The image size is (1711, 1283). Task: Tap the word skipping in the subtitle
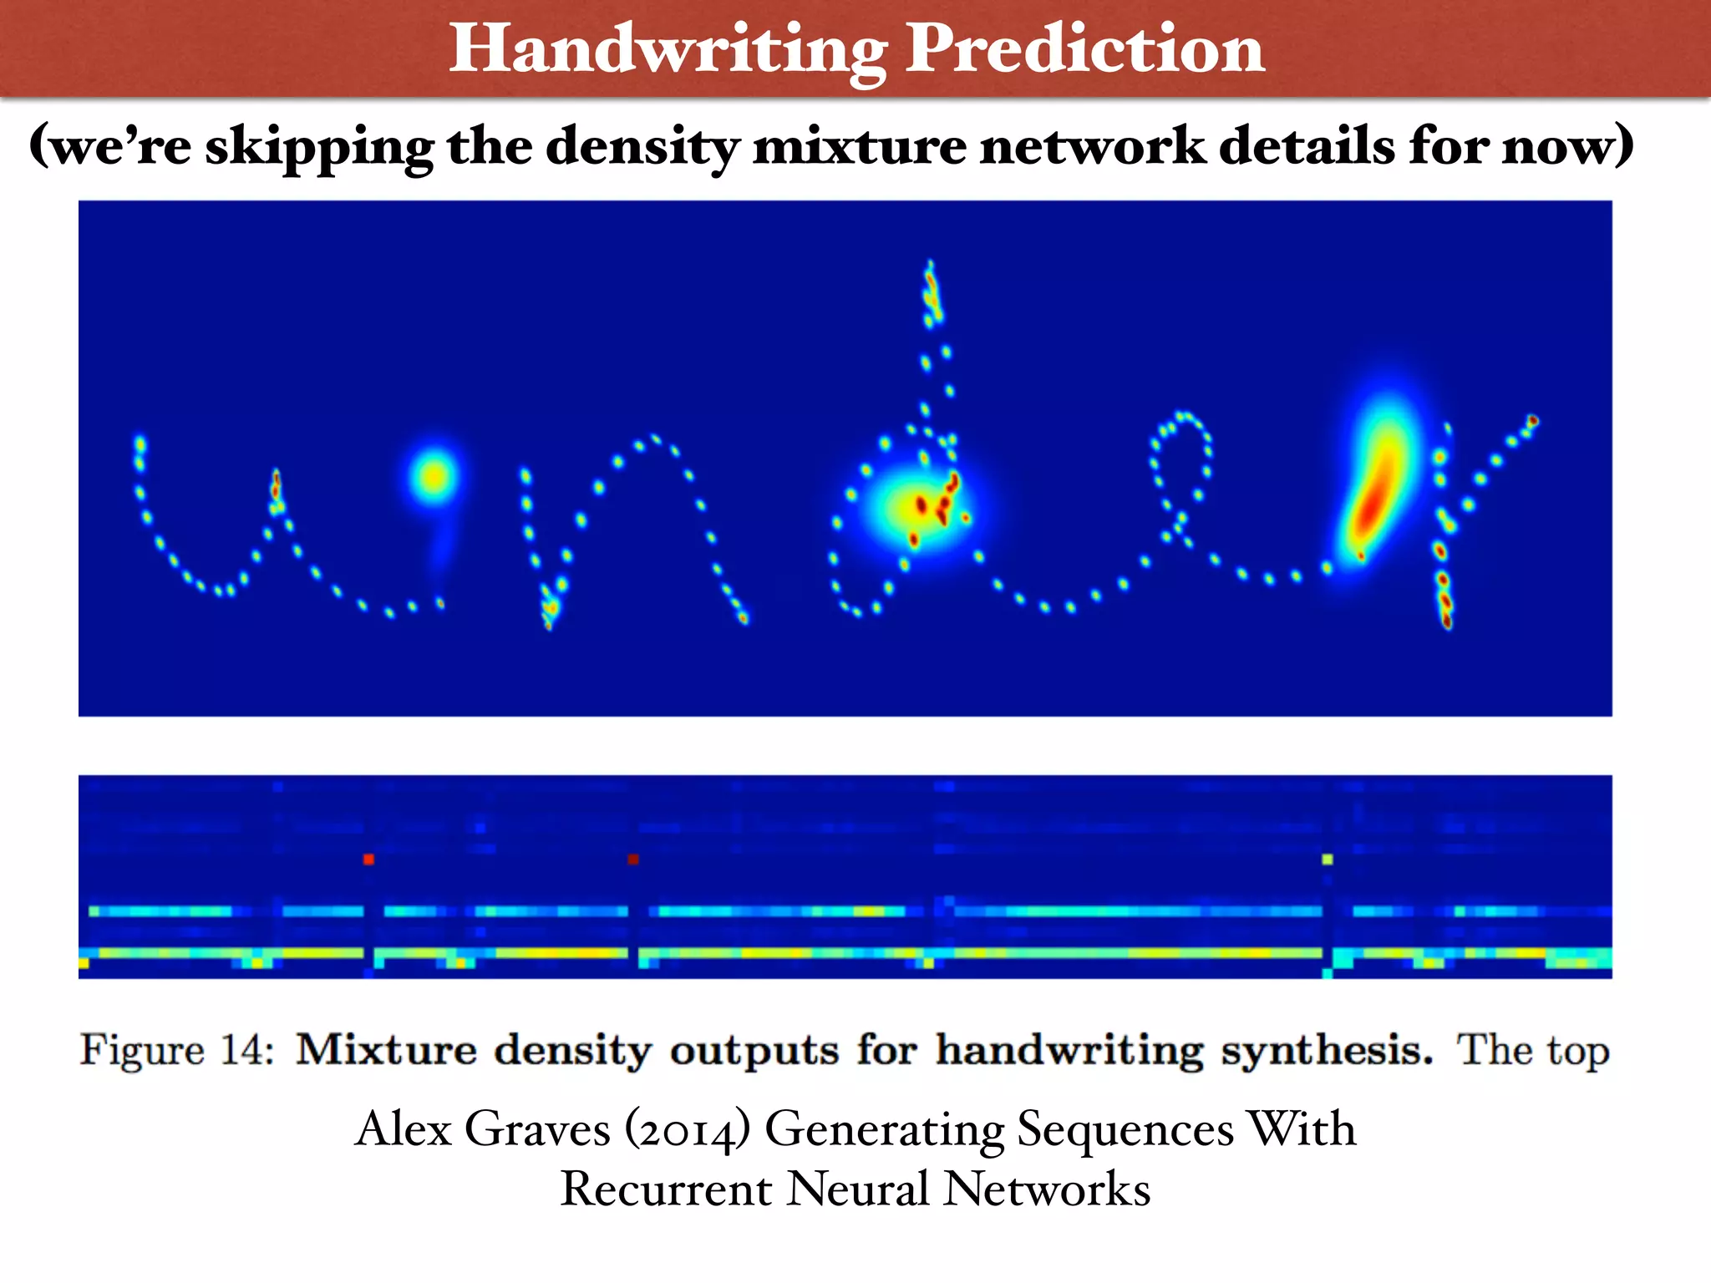coord(319,147)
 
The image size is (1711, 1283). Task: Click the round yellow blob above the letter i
coord(434,477)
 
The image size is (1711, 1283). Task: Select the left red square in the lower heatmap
coord(368,859)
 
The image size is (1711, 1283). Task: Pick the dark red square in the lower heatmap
coord(632,859)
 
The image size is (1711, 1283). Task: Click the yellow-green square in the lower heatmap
coord(1327,859)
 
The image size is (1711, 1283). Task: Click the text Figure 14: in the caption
coord(176,1050)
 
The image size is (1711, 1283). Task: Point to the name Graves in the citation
coord(536,1130)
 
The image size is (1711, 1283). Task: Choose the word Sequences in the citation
coord(1125,1130)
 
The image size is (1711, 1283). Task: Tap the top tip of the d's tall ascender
coord(930,266)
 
